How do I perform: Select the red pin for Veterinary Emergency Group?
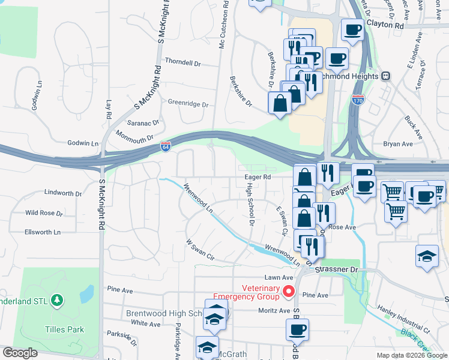289,292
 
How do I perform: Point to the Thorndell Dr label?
182,62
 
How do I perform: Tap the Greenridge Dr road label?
188,104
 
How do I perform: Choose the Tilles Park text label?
65,329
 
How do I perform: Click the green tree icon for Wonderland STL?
56,299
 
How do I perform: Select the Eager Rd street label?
258,177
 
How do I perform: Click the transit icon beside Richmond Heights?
385,76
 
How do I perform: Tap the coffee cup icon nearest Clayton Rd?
352,29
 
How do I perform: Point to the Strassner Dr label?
340,270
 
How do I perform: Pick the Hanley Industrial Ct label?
403,319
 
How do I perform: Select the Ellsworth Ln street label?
43,232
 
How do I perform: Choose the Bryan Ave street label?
398,144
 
